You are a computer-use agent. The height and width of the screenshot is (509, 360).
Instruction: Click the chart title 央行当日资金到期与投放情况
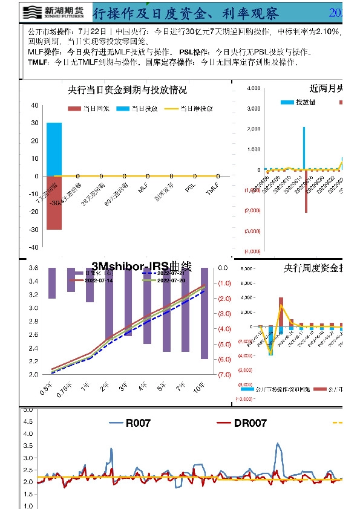pos(127,91)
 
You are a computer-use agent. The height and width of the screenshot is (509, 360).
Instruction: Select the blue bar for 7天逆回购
pos(54,149)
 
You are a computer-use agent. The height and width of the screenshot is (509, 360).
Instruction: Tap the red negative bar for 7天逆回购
pos(54,203)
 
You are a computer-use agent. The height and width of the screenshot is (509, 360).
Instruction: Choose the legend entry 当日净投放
pos(191,109)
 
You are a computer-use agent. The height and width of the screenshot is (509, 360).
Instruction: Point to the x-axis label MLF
pos(143,189)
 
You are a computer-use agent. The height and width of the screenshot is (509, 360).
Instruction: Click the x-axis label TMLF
pos(211,190)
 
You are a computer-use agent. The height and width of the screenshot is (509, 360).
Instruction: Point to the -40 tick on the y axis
pos(34,247)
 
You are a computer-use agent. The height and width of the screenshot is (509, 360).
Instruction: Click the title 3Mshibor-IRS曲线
pos(141,266)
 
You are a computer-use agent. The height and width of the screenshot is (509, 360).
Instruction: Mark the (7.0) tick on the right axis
pos(224,375)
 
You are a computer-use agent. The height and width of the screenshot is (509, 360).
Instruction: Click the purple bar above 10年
pos(205,313)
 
